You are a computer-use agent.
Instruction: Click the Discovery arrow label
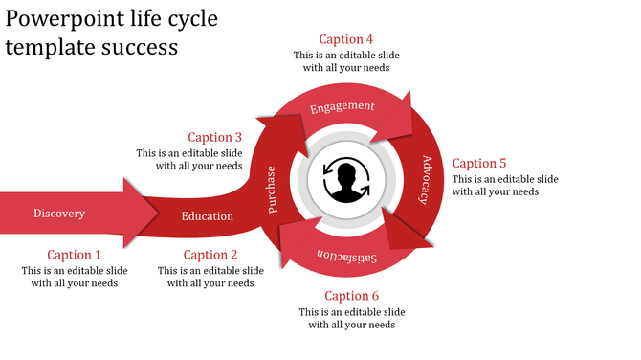tap(59, 214)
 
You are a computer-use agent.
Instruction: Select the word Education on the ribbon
tap(208, 216)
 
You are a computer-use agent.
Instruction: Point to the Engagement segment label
tap(343, 106)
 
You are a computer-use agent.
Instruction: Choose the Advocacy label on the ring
tap(426, 179)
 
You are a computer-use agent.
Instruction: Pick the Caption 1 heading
tap(74, 255)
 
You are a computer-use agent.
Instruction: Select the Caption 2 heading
tap(210, 255)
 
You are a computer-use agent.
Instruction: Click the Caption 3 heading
tap(215, 137)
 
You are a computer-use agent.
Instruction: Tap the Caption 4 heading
tap(346, 39)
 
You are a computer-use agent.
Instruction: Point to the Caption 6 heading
tap(352, 296)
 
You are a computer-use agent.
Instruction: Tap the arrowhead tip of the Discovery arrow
tap(157, 214)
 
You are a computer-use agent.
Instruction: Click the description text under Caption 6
tap(351, 319)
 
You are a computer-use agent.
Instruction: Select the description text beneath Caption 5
tap(505, 186)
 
